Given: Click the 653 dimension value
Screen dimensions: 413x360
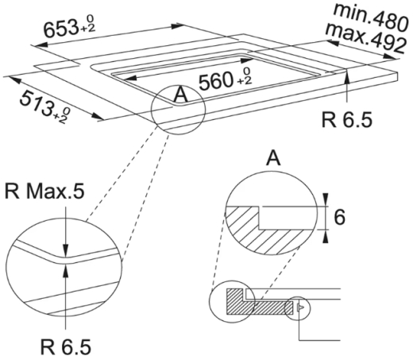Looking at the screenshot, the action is (x=60, y=29).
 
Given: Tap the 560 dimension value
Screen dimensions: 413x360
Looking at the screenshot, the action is (x=215, y=81).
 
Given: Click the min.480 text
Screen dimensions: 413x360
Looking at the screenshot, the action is (x=370, y=17).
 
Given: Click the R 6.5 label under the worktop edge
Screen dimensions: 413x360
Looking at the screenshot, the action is (x=347, y=120).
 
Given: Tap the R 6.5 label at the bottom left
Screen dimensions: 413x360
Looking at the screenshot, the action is (x=66, y=346).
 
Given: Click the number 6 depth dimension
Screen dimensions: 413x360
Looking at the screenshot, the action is (x=340, y=217).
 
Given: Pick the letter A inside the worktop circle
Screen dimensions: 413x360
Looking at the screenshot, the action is (x=180, y=95).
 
